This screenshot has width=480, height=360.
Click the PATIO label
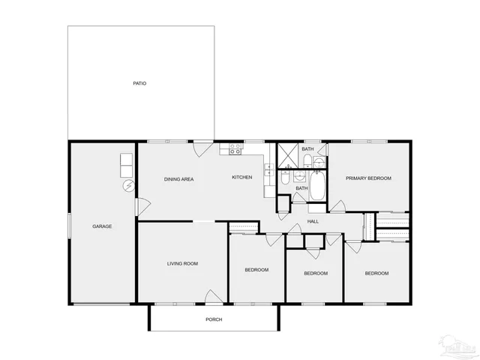pos(139,83)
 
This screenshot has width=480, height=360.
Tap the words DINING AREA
pos(179,178)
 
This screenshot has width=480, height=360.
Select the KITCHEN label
pos(241,177)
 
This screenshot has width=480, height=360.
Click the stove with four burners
pos(235,148)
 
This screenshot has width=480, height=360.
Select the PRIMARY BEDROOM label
pos(368,178)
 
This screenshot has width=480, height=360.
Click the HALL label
pos(313,220)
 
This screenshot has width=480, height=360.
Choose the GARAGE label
pos(102,226)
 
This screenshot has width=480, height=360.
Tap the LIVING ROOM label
pos(182,263)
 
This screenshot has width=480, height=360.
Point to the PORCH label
pos(214,319)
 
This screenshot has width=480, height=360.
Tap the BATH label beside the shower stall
pos(307,149)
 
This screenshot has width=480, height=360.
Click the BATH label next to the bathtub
pos(301,188)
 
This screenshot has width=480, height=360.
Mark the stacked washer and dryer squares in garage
pos(126,165)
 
